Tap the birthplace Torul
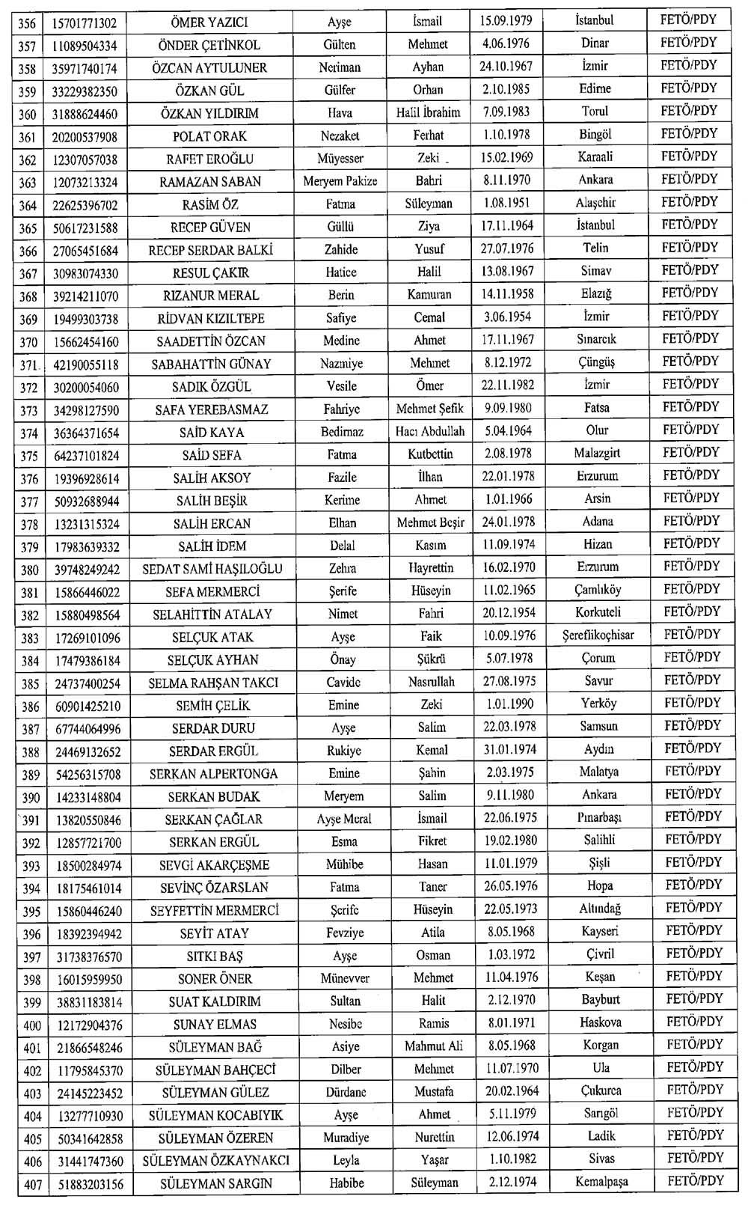595,112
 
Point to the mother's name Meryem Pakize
340,181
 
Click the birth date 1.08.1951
506,203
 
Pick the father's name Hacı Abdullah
429,432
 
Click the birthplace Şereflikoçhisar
598,635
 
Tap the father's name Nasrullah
431,682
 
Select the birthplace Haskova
600,1022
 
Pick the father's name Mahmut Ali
434,1046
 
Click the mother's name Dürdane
346,1092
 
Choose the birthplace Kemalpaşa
601,1182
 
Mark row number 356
27,23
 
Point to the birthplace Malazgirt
597,454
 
